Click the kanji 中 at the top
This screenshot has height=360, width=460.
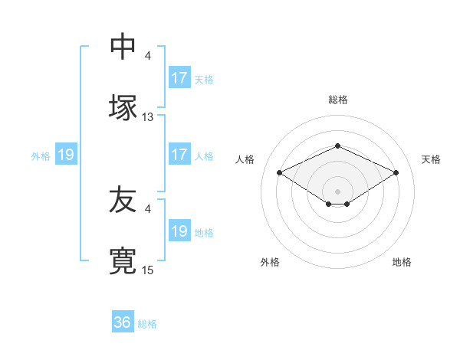tap(123, 47)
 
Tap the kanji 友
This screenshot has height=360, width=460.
tap(123, 200)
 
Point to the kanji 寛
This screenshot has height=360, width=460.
tap(123, 261)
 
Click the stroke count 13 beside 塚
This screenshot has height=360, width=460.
tap(148, 117)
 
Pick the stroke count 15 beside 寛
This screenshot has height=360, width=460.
tap(148, 270)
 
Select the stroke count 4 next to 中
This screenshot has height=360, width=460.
tap(148, 56)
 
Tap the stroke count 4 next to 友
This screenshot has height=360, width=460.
tap(148, 208)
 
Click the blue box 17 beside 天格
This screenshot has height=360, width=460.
tap(179, 78)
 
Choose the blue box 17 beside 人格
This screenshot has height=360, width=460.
tap(179, 155)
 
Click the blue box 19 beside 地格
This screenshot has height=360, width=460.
tap(179, 231)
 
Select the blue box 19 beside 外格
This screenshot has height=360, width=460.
tap(66, 155)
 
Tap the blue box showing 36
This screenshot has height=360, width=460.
tap(123, 322)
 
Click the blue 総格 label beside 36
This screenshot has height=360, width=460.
tap(147, 324)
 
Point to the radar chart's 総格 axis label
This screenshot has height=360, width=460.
tap(337, 100)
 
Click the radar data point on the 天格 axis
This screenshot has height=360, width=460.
tap(396, 172)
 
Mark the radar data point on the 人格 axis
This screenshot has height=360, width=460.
tap(279, 172)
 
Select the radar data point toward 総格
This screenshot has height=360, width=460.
tap(337, 146)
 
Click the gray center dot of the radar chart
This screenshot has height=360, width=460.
tap(337, 191)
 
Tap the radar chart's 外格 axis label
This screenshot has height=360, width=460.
tap(270, 262)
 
